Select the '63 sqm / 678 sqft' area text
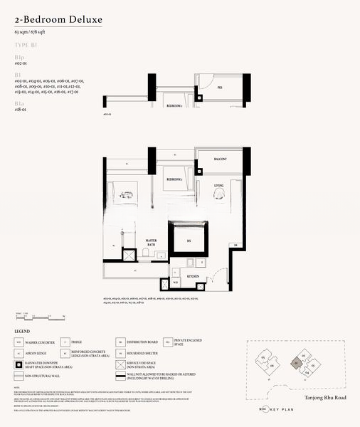coord(33,33)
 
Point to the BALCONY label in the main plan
coord(220,159)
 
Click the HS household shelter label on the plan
coord(189,242)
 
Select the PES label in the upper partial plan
coord(221,88)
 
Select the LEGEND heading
coord(23,332)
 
